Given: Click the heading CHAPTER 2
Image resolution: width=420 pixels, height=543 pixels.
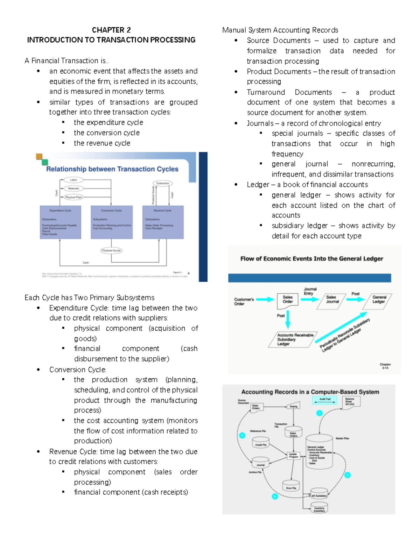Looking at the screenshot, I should (111, 30).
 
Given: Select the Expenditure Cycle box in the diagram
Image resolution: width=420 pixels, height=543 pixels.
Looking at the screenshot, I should (61, 222).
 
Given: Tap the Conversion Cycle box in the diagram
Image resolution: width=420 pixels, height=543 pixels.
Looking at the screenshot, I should (112, 222).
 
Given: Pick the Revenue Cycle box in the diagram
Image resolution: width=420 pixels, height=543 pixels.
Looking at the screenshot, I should (163, 222).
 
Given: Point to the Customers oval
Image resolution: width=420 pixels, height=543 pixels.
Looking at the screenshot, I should (163, 183).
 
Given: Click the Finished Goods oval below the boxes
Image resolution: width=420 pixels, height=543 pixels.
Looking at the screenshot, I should (111, 250).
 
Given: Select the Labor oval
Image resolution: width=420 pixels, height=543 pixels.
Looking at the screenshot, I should (73, 180).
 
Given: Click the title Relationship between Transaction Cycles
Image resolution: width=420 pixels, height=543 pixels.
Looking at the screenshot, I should (112, 169).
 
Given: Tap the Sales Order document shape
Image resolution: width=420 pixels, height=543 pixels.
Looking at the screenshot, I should (288, 300).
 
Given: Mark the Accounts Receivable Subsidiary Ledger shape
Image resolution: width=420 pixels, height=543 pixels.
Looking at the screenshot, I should (292, 340).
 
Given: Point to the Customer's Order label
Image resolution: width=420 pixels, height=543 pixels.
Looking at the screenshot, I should (244, 301).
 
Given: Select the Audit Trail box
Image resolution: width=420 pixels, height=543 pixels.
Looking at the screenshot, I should (325, 400).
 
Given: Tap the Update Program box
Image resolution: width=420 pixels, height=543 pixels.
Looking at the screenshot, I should (293, 455).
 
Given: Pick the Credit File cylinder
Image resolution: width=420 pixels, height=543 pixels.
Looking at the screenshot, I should (260, 443).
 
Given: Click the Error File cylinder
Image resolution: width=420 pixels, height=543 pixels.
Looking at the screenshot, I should (291, 486).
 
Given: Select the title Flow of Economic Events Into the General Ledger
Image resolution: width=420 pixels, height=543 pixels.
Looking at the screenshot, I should (311, 259).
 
